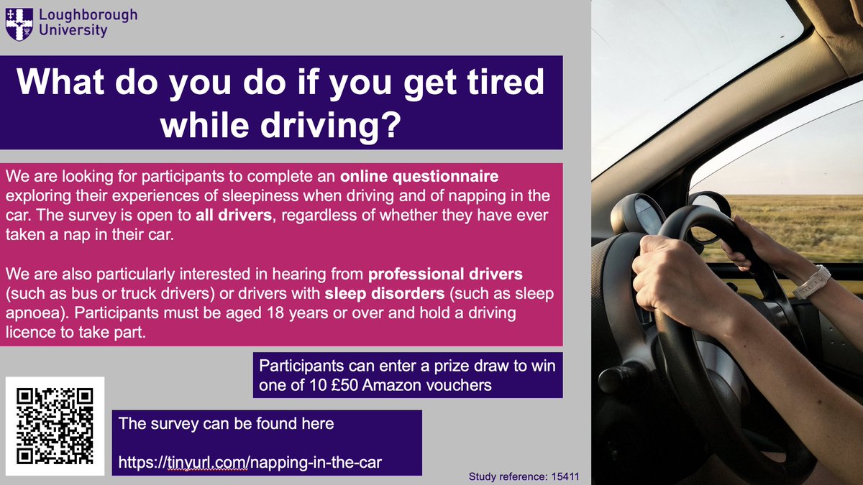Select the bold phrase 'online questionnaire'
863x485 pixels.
[x=419, y=177]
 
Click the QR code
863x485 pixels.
[x=55, y=425]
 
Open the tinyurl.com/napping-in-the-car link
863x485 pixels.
[x=250, y=463]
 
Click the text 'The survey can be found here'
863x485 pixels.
[x=227, y=423]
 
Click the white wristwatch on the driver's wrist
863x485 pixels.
[x=811, y=282]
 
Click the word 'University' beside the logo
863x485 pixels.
[x=74, y=30]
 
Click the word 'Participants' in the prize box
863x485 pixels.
[x=303, y=366]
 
